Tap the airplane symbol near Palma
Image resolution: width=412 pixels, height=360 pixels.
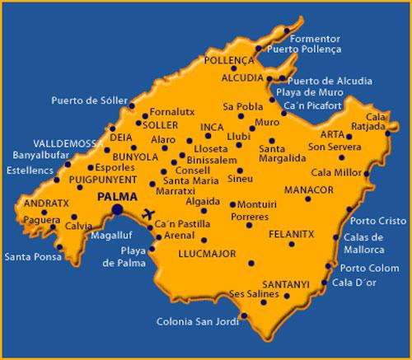click(x=149, y=214)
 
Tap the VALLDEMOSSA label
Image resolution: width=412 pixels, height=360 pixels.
click(x=49, y=143)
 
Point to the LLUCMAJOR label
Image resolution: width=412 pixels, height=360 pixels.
click(x=206, y=255)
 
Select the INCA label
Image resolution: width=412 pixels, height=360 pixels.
click(x=211, y=127)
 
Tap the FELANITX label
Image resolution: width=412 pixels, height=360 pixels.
click(x=292, y=235)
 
